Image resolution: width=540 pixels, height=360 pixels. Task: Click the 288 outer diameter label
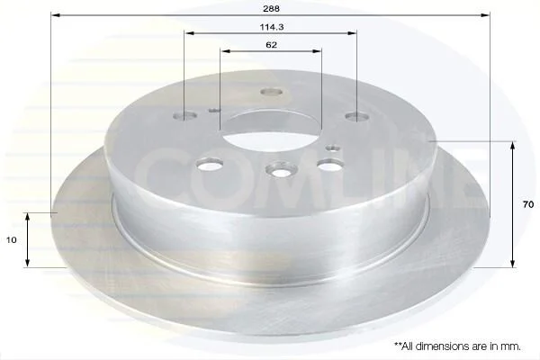tap(271, 9)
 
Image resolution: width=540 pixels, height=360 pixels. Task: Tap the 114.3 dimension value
tap(272, 27)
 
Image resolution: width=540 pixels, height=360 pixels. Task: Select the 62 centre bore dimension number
tap(272, 45)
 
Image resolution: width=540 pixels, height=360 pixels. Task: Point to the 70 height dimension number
tap(528, 204)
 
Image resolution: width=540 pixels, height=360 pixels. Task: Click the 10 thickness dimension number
tap(12, 239)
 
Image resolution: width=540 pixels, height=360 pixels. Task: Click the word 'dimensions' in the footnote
tap(438, 346)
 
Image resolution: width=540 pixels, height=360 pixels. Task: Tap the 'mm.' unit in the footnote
tap(512, 346)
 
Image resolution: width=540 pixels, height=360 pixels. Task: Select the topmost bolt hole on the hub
tap(272, 92)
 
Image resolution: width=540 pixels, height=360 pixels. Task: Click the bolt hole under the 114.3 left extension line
tap(184, 116)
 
